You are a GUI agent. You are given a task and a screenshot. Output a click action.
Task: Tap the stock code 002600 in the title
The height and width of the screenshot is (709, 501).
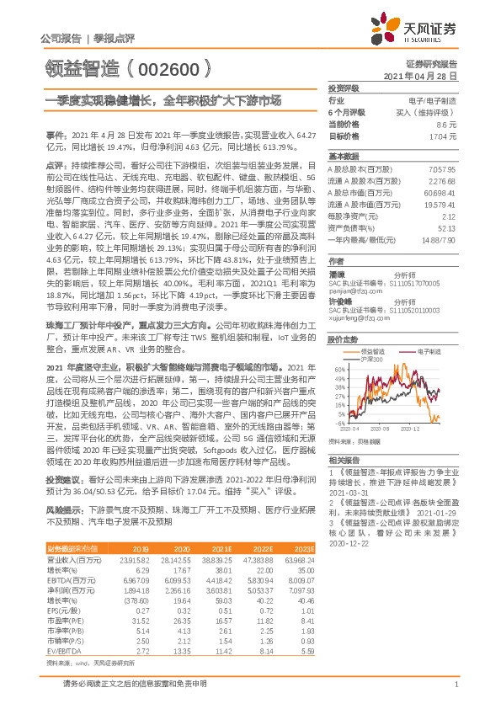click(175, 64)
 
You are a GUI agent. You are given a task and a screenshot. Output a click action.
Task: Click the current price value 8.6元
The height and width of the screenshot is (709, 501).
click(447, 124)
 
